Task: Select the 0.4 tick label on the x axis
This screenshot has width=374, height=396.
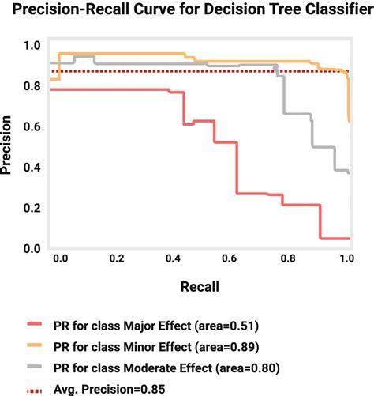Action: pos(175,258)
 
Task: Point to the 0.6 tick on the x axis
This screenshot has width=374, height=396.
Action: pos(233,258)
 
